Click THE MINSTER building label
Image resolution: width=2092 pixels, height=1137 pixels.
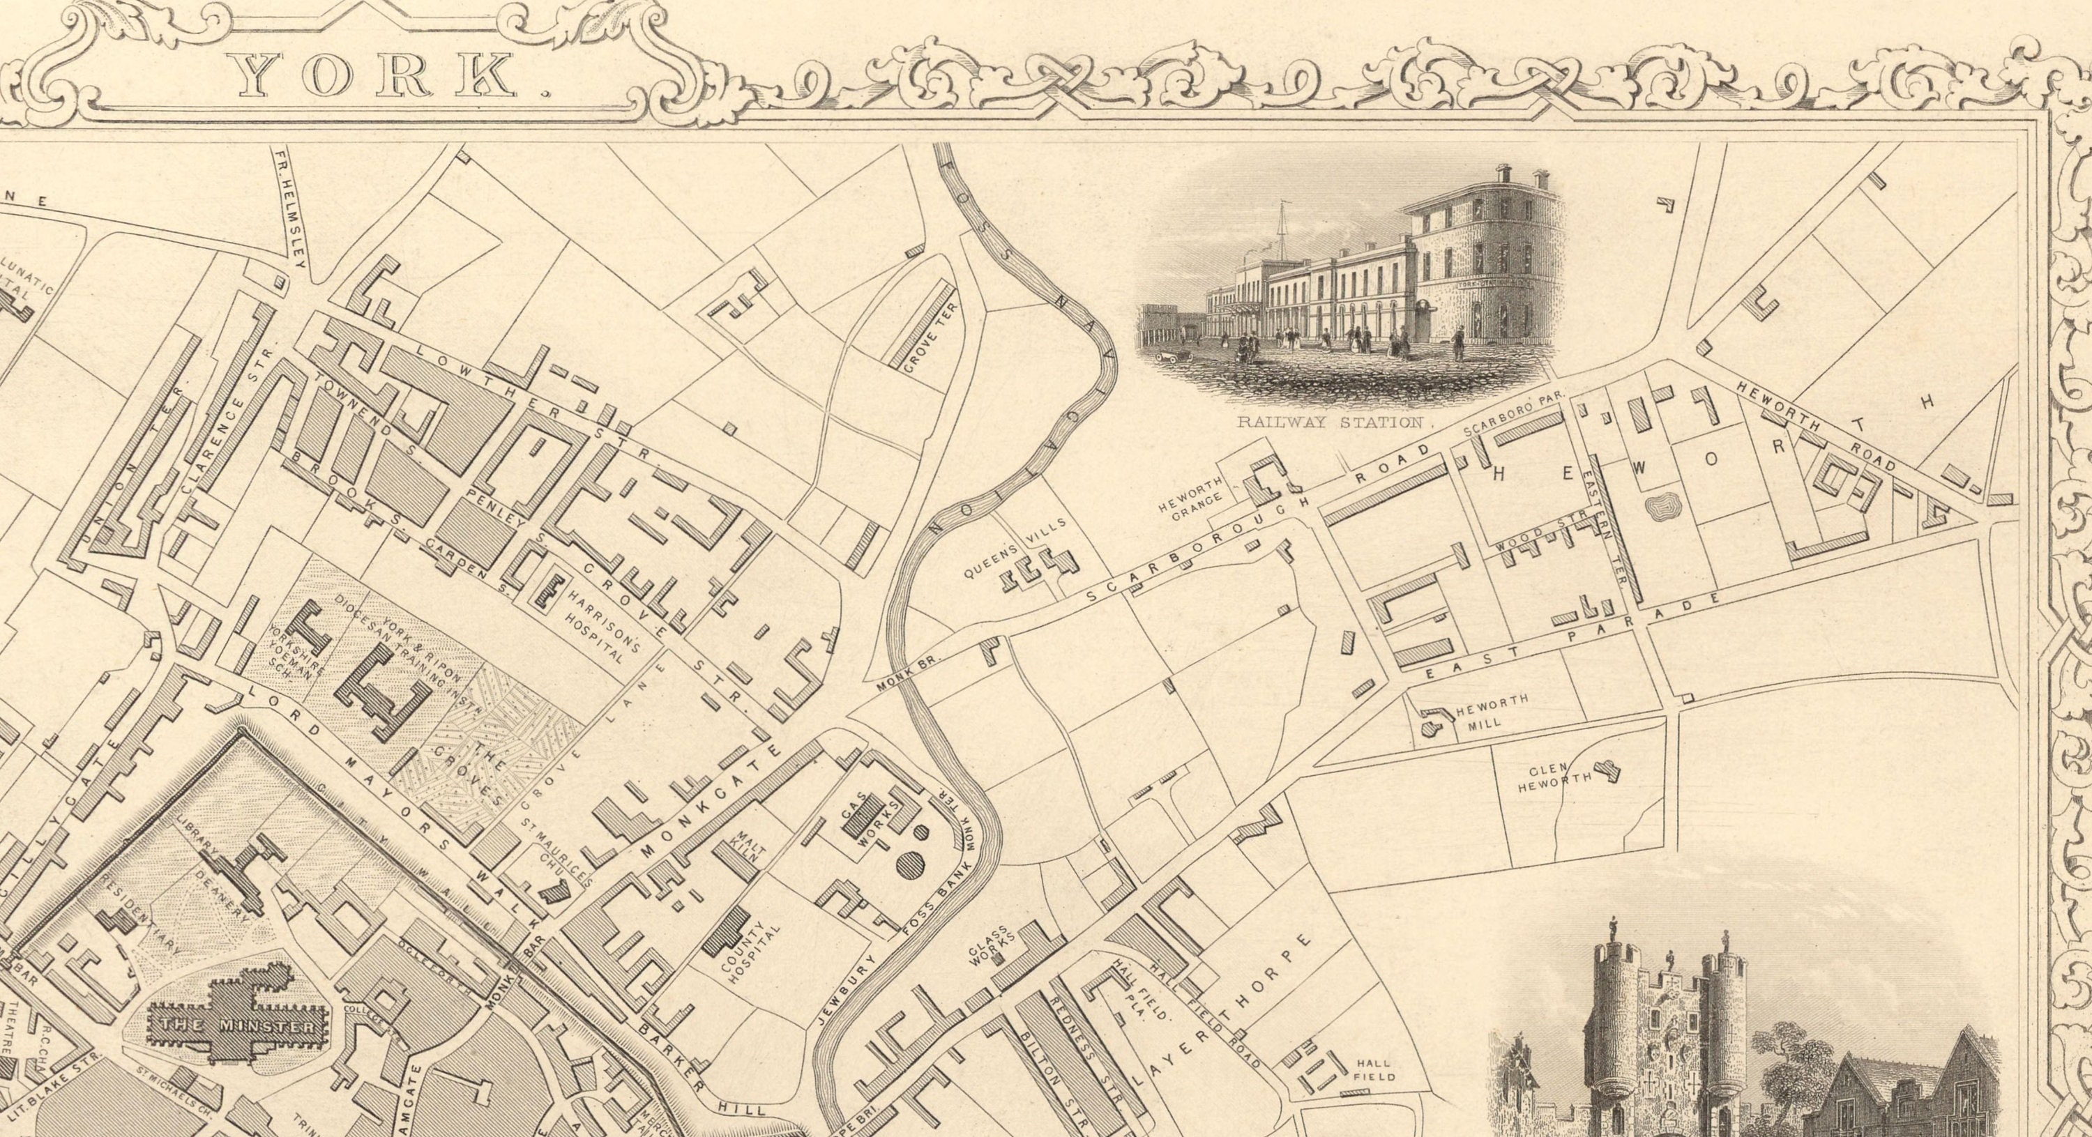(238, 1025)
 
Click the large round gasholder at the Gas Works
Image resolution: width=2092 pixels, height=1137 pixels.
(909, 863)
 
